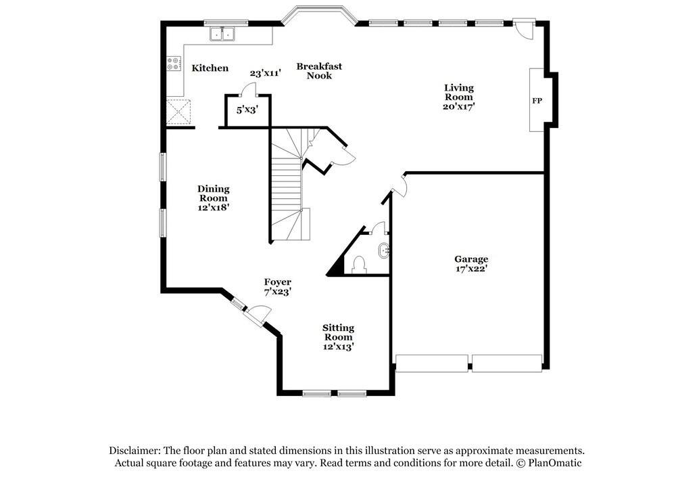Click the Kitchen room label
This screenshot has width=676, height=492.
[x=210, y=68]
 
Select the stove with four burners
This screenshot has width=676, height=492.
[x=174, y=64]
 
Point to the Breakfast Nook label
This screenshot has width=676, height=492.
[x=319, y=71]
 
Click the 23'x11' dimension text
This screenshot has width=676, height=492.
[x=264, y=73]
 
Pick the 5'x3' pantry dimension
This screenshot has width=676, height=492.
[x=247, y=109]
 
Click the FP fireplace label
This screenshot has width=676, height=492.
[x=537, y=101]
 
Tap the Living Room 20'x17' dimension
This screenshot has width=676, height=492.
[x=458, y=106]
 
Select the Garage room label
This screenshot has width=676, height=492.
[x=470, y=259]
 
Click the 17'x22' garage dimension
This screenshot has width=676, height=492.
[x=470, y=269]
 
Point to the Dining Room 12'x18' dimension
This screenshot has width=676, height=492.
[x=213, y=208]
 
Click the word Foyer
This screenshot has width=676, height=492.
[x=277, y=282]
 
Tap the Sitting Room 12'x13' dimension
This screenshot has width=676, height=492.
[x=338, y=346]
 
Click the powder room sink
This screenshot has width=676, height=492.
[x=383, y=250]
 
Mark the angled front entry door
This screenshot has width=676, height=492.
[x=258, y=313]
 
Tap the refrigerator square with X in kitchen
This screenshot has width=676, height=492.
[x=180, y=112]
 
